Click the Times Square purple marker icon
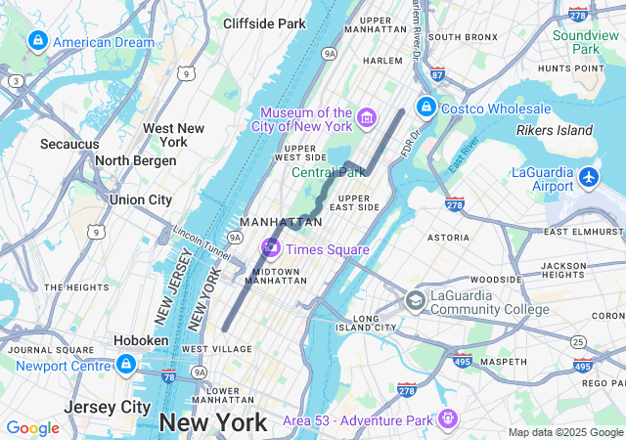click(270, 248)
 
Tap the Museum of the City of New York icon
click(367, 118)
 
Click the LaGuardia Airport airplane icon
click(589, 177)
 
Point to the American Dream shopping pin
click(37, 41)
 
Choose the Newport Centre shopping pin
click(125, 365)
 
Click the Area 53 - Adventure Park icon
click(448, 418)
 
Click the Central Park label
click(328, 173)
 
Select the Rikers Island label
click(555, 130)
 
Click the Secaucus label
click(69, 144)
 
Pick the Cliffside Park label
click(264, 22)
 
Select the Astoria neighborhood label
click(448, 237)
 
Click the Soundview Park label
click(586, 42)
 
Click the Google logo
click(32, 428)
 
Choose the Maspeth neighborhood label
click(503, 361)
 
